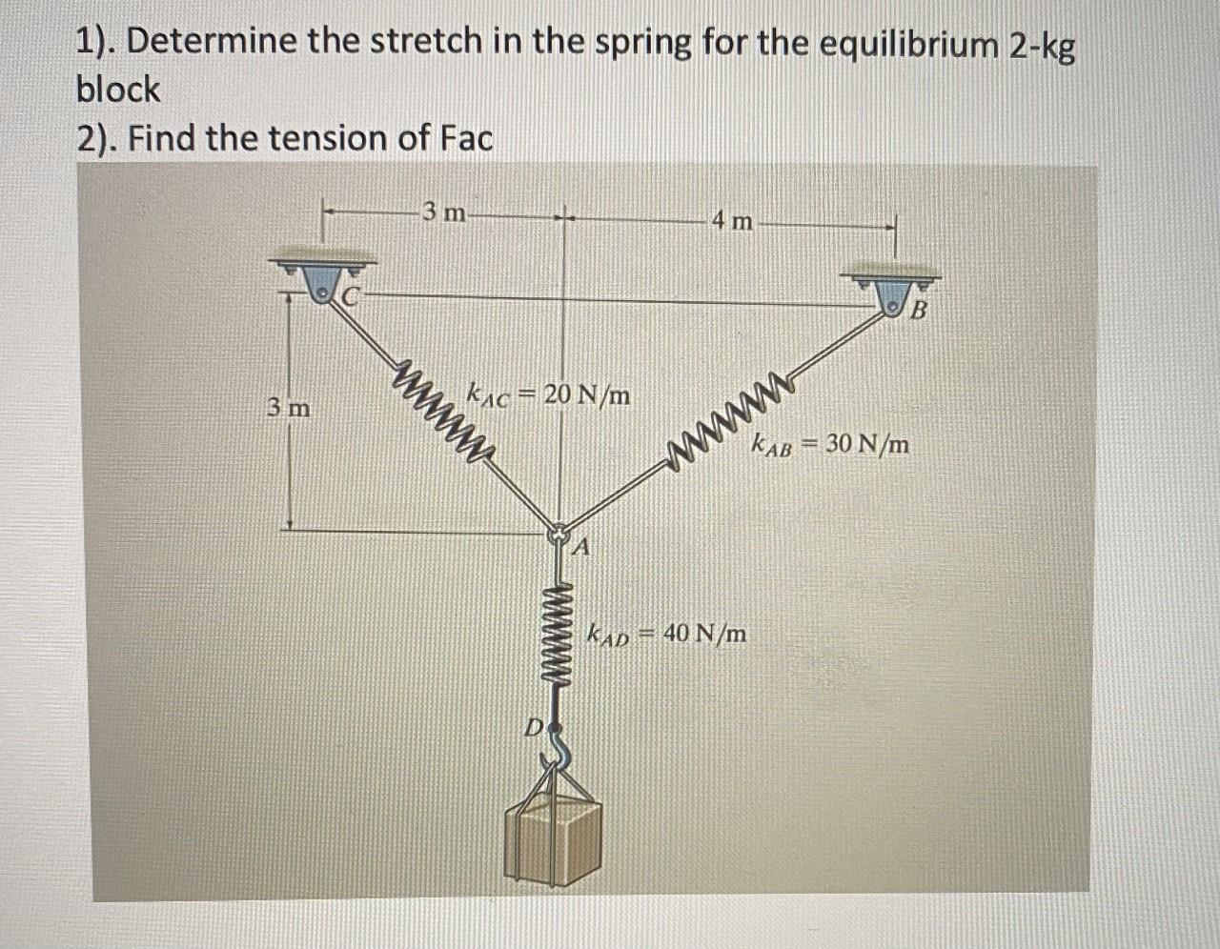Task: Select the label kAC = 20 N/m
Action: tap(548, 393)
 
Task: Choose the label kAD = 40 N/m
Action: tap(668, 633)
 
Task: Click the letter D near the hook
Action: tap(535, 729)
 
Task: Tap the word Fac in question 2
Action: tap(467, 139)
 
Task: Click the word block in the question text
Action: tap(118, 91)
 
